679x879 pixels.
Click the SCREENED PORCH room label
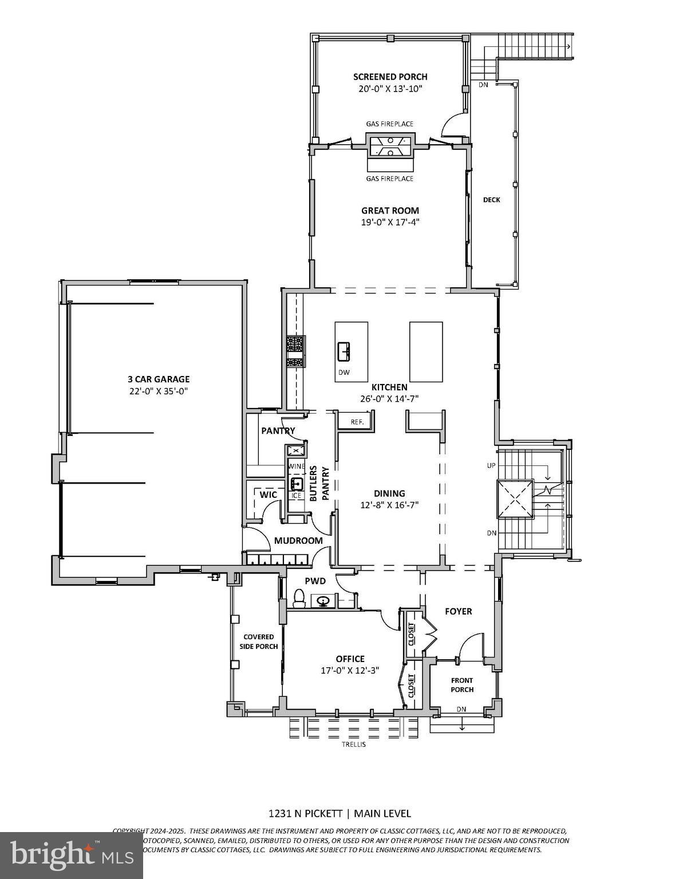[x=390, y=77]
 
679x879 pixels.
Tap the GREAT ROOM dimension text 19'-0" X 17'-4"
[x=390, y=222]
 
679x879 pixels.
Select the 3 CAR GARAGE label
[x=159, y=379]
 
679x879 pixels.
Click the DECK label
[x=491, y=200]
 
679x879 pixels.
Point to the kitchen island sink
[x=345, y=351]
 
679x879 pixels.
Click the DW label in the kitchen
[x=344, y=373]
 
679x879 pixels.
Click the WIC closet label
[x=269, y=494]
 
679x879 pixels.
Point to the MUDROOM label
[x=298, y=540]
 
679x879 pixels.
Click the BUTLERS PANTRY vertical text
[x=319, y=484]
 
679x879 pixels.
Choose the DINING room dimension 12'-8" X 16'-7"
[x=389, y=505]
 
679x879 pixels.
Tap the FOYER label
[x=459, y=611]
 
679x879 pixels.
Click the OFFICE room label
[x=350, y=659]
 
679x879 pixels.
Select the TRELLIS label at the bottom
[x=353, y=745]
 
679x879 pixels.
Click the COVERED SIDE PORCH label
[x=259, y=642]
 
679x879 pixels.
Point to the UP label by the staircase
[x=491, y=465]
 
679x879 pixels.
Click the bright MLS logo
[x=72, y=855]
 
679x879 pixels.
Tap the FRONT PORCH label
[x=462, y=685]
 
